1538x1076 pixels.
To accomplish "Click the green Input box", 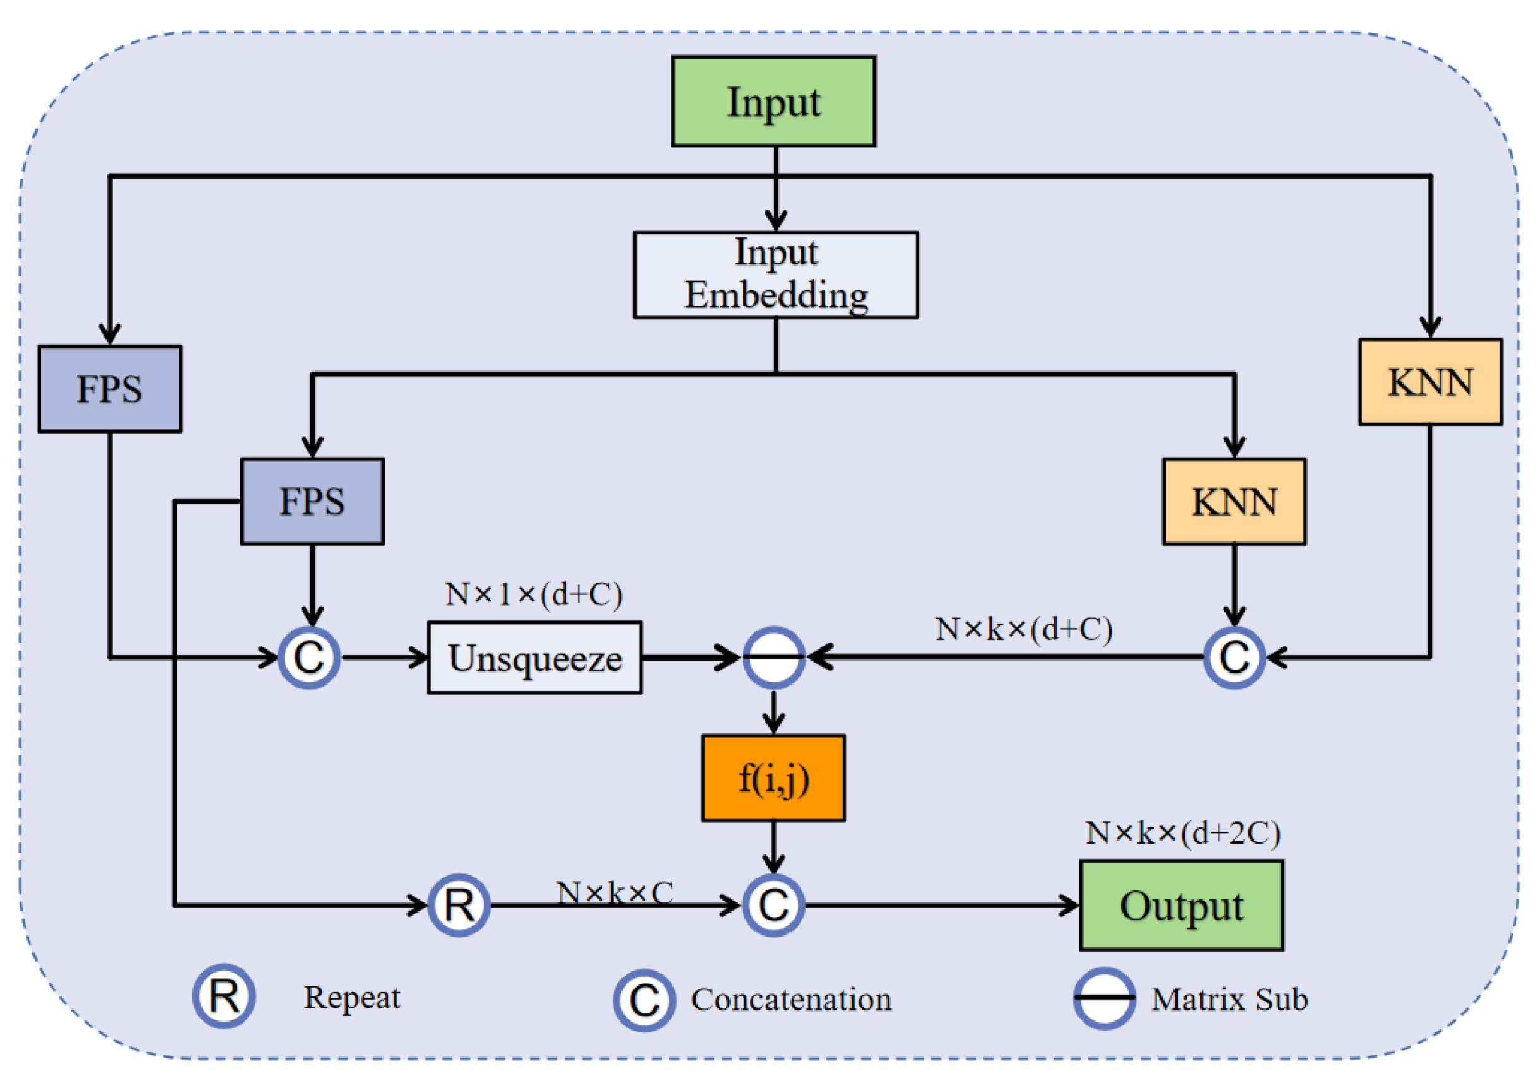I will [x=773, y=101].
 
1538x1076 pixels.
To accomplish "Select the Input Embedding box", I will [x=776, y=275].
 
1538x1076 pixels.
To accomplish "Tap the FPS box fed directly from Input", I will [x=109, y=389].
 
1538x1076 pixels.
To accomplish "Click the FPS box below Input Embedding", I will [x=312, y=501].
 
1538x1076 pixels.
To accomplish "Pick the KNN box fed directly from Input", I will [x=1429, y=382].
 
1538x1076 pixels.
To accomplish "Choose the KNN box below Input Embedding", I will [x=1234, y=501].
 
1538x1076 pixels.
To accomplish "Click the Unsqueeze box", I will [x=534, y=658].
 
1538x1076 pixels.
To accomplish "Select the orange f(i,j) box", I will [x=773, y=778].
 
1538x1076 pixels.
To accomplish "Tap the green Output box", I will [x=1181, y=905].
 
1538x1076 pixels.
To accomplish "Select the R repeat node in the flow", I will [x=459, y=905].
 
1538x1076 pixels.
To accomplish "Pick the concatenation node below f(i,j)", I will [x=773, y=905].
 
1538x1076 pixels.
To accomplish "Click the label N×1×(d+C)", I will [x=534, y=594].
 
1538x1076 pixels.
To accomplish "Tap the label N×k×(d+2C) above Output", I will [x=1183, y=833].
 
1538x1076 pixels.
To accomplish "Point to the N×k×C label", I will [x=614, y=892].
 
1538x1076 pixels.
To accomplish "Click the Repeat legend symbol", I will [x=224, y=996].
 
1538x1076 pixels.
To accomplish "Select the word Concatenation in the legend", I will [x=791, y=1000].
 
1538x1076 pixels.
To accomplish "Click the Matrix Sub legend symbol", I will [x=1104, y=998].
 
